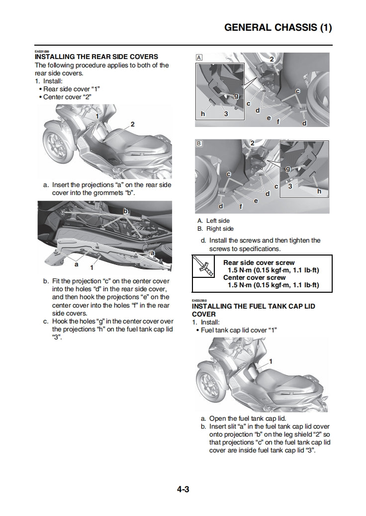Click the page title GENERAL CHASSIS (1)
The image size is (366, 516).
pos(278,28)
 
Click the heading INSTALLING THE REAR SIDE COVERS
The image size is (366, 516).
pos(96,57)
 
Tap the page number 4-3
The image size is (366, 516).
pos(183,490)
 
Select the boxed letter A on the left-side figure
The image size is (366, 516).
pos(199,58)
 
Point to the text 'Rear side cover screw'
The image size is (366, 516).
pos(259,262)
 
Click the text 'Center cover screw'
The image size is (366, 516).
pos(254,278)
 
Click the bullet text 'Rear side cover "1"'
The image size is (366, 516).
pos(71,89)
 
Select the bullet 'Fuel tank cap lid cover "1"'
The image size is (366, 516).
pos(238,330)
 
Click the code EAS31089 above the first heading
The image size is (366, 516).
pos(41,52)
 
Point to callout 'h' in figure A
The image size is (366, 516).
pos(203,114)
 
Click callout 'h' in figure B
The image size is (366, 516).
pos(319,191)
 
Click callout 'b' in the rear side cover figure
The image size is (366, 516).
pos(125,211)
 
